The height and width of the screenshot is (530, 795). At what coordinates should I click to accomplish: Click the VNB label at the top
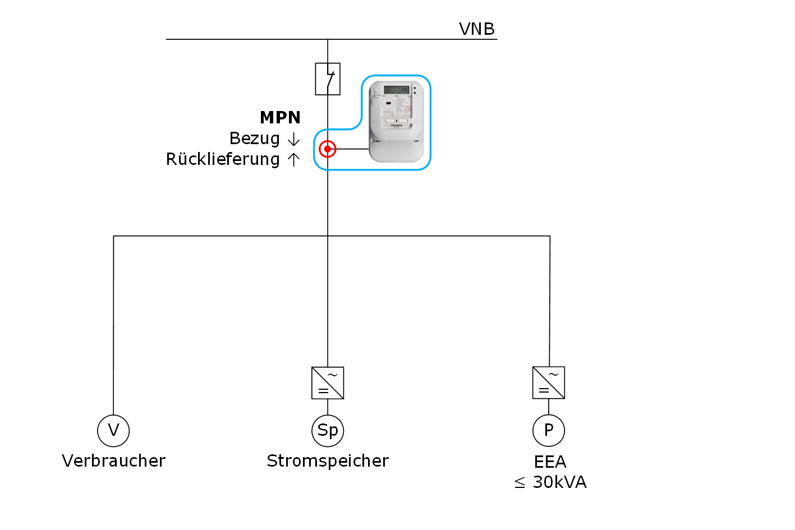pos(476,29)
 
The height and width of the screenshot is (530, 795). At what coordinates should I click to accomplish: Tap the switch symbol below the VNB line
pos(328,79)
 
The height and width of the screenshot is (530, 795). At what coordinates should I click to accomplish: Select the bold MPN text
pos(280,117)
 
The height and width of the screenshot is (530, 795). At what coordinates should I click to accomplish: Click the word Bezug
pos(254,139)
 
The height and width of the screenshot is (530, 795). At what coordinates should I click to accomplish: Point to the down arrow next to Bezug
pos(293,139)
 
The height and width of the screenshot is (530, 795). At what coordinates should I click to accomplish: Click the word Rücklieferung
pos(223,159)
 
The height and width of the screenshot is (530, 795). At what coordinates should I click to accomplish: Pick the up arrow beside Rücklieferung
pos(293,160)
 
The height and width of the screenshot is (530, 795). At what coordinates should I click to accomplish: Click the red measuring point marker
pos(328,149)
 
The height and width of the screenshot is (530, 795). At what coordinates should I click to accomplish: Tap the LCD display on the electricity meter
pos(396,90)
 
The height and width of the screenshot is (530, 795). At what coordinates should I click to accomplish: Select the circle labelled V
pos(113,431)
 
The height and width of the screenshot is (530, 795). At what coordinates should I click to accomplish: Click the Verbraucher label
pos(113,461)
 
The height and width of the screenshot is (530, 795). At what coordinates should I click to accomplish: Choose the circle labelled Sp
pos(328,431)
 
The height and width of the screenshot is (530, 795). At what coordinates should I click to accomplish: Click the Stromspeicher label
pos(328,461)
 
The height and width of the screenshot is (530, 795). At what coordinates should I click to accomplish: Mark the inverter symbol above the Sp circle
pos(328,383)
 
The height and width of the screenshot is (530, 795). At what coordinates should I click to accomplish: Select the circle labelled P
pos(549,431)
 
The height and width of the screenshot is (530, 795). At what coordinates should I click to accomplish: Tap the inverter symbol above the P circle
pos(549,383)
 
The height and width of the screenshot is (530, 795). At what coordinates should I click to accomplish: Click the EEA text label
pos(550,462)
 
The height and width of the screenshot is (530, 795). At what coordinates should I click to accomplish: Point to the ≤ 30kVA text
pos(550,482)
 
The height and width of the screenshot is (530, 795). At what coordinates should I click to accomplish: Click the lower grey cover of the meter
pos(396,149)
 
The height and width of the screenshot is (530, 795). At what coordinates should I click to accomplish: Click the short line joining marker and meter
pos(352,149)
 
